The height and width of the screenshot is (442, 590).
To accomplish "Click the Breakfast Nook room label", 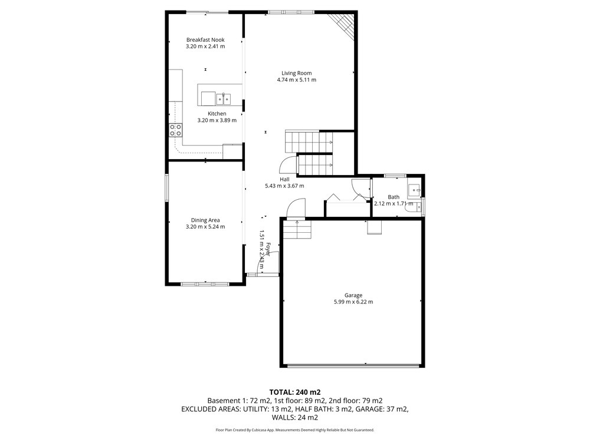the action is tap(205, 40).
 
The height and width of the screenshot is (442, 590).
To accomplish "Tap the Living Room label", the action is tap(297, 73).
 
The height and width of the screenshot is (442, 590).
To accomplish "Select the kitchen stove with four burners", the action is tap(176, 130).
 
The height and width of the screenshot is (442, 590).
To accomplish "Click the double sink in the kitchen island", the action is tap(224, 99).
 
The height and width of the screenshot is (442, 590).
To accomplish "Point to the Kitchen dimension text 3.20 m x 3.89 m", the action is tap(217, 120).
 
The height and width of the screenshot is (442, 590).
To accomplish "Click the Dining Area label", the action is tap(205, 220).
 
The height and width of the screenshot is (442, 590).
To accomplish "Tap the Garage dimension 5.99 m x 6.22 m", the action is tap(353, 302).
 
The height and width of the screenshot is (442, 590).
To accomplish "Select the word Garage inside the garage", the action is tap(353, 295).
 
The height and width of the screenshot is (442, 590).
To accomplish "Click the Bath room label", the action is tap(394, 197).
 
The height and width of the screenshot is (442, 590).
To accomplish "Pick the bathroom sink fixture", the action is tap(414, 190).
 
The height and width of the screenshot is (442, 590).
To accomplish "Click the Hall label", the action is tap(284, 179).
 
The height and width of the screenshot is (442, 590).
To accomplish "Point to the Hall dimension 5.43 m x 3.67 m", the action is tap(284, 186).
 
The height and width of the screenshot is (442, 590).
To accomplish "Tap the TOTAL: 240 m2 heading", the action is tap(295, 392).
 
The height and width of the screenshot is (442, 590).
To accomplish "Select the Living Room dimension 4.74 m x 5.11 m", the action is tap(297, 80).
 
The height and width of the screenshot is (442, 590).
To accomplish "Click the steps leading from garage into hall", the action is tap(297, 230).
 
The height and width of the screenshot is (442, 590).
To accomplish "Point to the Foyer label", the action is tap(268, 249).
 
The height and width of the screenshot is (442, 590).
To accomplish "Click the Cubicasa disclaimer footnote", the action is tap(295, 430).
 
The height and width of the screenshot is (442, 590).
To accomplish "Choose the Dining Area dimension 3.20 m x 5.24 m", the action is tap(205, 227).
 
